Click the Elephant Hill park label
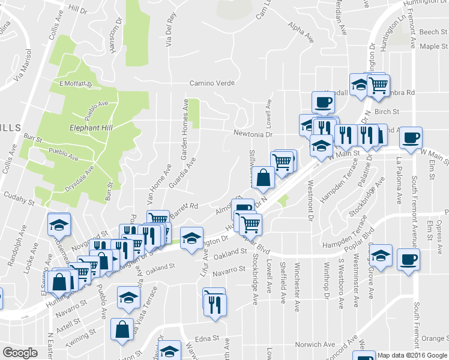pyautogui.click(x=91, y=128)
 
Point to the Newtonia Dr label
pyautogui.click(x=253, y=134)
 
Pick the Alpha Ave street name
pyautogui.click(x=301, y=33)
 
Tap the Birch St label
pyautogui.click(x=387, y=112)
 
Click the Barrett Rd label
pyautogui.click(x=184, y=208)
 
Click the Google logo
pyautogui.click(x=20, y=353)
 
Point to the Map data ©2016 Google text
pyautogui.click(x=412, y=355)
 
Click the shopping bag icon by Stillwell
pyautogui.click(x=264, y=178)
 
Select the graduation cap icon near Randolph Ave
pyautogui.click(x=59, y=225)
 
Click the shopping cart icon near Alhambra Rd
pyautogui.click(x=378, y=86)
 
